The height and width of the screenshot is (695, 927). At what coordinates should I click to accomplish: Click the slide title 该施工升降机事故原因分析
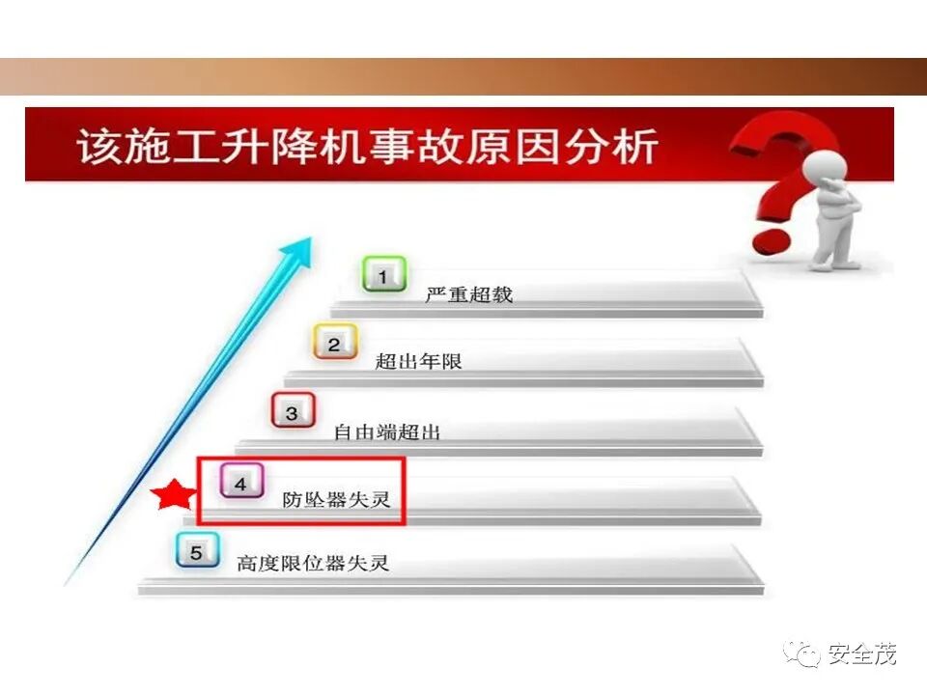(368, 148)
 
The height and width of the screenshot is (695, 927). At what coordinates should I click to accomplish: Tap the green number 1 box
(382, 275)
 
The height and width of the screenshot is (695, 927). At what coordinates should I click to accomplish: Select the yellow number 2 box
(334, 343)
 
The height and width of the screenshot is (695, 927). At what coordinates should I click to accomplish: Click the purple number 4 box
(240, 482)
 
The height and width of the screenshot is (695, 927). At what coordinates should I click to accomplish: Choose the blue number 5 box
(197, 552)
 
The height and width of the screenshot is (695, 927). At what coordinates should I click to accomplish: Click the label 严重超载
(469, 295)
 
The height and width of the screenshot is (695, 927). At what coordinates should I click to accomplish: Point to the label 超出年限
(419, 363)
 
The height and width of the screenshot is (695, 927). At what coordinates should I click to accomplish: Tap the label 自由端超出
(387, 432)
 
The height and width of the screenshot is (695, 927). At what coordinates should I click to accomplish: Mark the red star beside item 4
(174, 496)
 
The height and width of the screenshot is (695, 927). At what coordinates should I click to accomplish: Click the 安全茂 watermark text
(862, 654)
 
